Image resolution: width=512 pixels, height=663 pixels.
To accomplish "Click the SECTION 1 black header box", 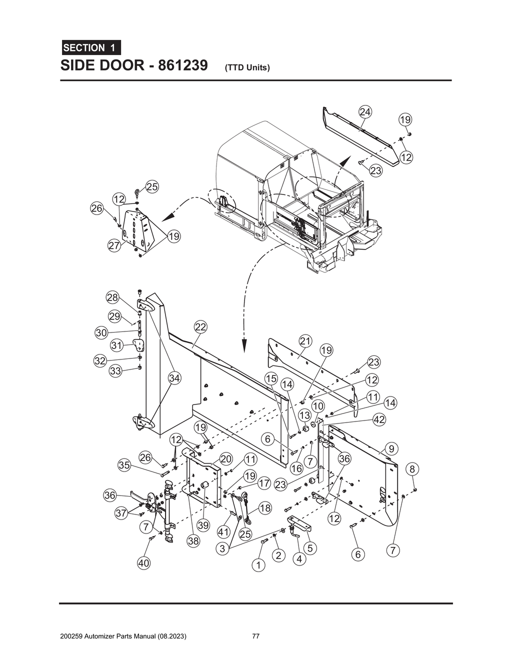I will pyautogui.click(x=90, y=48).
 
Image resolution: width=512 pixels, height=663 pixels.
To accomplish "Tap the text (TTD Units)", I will pyautogui.click(x=247, y=67).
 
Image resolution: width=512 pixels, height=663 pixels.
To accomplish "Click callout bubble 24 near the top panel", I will pyautogui.click(x=365, y=112).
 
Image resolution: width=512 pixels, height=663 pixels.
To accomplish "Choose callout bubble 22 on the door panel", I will pyautogui.click(x=200, y=327).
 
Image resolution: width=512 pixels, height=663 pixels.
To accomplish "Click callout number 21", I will pyautogui.click(x=305, y=341).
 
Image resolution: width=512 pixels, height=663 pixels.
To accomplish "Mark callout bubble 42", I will pyautogui.click(x=379, y=419).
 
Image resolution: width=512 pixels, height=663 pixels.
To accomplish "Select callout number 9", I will pyautogui.click(x=391, y=448).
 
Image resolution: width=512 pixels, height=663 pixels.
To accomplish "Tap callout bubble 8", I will pyautogui.click(x=412, y=469).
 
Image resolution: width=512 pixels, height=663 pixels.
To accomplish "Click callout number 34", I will pyautogui.click(x=174, y=378).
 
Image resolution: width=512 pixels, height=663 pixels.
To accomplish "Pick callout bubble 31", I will pyautogui.click(x=116, y=345).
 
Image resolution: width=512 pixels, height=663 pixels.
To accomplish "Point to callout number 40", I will pyautogui.click(x=144, y=563).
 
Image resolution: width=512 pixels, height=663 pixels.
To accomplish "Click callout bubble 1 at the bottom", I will pyautogui.click(x=258, y=565).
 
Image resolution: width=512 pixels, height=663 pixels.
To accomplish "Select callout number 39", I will pyautogui.click(x=202, y=525).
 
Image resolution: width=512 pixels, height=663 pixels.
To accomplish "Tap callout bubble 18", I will pyautogui.click(x=265, y=508).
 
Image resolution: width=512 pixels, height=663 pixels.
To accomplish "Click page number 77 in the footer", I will pyautogui.click(x=255, y=636).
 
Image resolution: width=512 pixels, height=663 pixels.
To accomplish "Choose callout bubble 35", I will pyautogui.click(x=124, y=465).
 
